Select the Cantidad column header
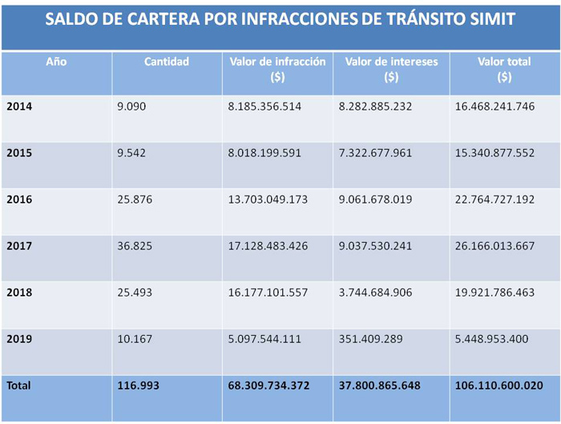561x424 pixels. tap(167, 62)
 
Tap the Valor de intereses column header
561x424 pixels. tap(390, 62)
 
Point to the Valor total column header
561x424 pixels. tap(504, 62)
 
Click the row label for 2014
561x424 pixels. tap(19, 107)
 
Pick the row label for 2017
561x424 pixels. tap(19, 246)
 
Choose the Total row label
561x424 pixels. tap(19, 386)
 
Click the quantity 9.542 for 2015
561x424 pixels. tap(132, 152)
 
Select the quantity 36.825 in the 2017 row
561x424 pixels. tap(135, 246)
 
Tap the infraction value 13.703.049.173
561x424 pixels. tap(268, 199)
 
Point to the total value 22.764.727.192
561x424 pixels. tap(494, 199)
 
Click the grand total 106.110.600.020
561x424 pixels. tap(498, 386)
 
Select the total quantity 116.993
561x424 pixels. tap(139, 386)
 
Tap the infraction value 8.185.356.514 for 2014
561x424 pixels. tap(264, 107)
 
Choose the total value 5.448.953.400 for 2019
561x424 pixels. tap(491, 339)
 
